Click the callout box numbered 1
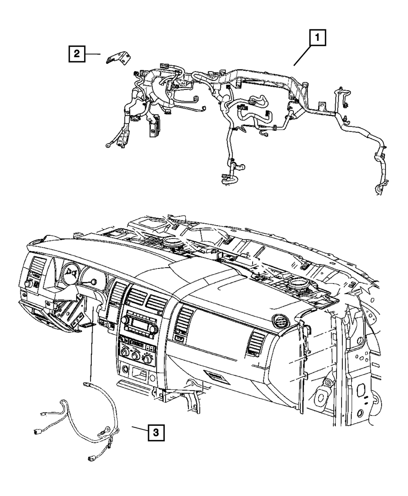tap(317, 40)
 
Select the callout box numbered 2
tap(77, 54)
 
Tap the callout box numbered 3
tap(156, 431)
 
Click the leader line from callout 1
tap(302, 56)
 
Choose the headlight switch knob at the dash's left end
tap(31, 283)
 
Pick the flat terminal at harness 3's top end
tap(86, 384)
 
